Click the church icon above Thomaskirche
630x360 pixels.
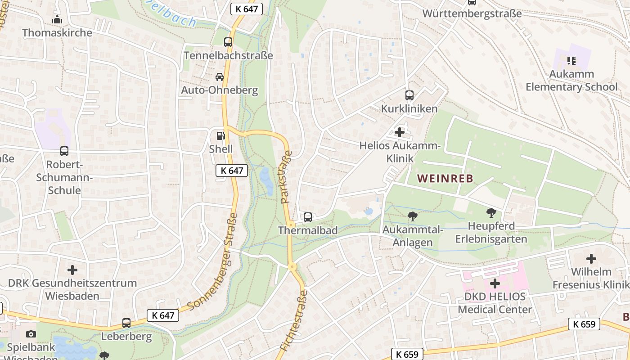(x=57, y=20)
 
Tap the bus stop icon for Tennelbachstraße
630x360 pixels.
(x=228, y=42)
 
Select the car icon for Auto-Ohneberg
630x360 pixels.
(x=220, y=77)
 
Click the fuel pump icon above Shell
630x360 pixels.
(x=220, y=135)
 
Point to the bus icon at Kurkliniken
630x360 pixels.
(x=409, y=95)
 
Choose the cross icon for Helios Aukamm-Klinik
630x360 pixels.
(x=399, y=132)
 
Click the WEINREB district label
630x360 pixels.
(x=445, y=178)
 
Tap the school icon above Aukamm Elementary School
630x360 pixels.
(x=571, y=60)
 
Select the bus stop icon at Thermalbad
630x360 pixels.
(x=308, y=217)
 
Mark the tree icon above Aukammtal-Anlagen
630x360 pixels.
(x=412, y=217)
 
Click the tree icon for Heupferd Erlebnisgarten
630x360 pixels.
(x=491, y=212)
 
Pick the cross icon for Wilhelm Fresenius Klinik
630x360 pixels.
(x=591, y=259)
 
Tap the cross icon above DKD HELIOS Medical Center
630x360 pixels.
(x=495, y=283)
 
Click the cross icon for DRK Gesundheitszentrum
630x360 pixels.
(x=72, y=270)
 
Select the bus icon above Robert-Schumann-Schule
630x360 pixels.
(x=64, y=151)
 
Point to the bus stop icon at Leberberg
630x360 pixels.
(x=126, y=323)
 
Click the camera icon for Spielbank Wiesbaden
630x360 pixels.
(x=31, y=334)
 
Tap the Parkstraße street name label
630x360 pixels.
(x=286, y=177)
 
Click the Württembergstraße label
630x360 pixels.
(x=472, y=13)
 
